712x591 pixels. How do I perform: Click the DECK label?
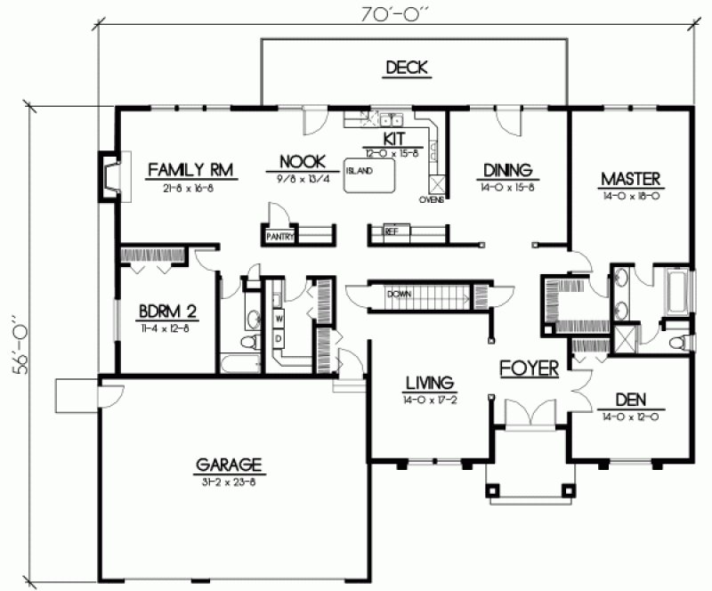click(x=407, y=67)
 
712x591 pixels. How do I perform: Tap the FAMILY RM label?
click(x=186, y=168)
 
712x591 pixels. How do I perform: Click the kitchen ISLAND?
click(x=370, y=175)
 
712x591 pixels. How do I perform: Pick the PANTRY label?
click(x=278, y=237)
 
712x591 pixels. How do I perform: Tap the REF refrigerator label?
click(x=391, y=231)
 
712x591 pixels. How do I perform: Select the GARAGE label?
click(x=230, y=464)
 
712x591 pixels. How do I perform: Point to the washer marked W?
click(x=278, y=318)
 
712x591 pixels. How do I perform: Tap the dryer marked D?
click(x=278, y=338)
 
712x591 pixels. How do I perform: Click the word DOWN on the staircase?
click(x=398, y=294)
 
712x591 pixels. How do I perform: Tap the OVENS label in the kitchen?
click(x=432, y=200)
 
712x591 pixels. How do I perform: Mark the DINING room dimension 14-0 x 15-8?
click(x=507, y=187)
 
